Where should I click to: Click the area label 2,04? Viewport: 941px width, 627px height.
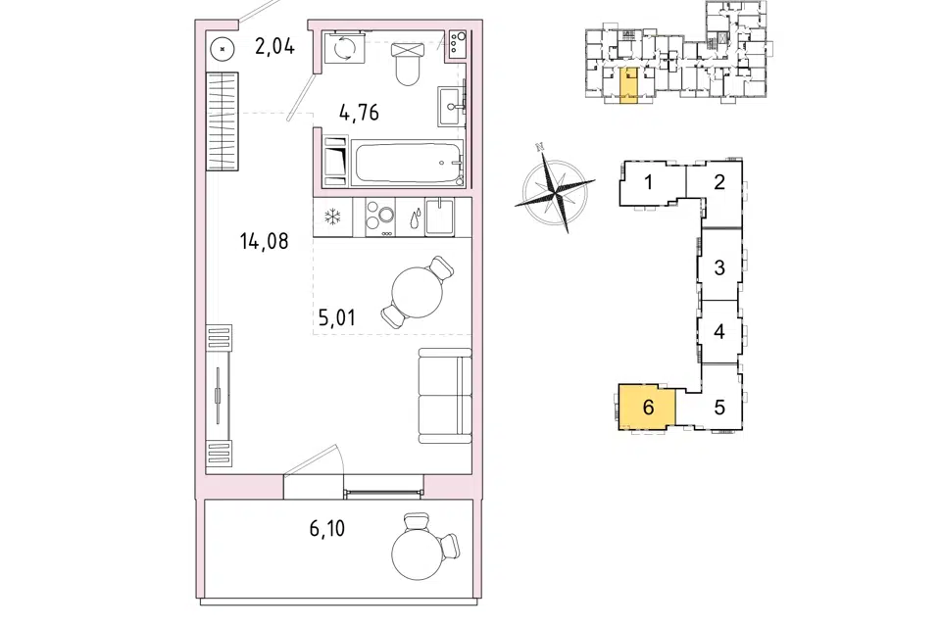click(x=274, y=46)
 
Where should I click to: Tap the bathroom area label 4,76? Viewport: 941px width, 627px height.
click(x=359, y=113)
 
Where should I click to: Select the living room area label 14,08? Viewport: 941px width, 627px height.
click(x=264, y=241)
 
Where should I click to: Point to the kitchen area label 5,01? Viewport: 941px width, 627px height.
click(x=336, y=316)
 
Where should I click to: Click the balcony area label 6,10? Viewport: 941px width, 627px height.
click(x=327, y=529)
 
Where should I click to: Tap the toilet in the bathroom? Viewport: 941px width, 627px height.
click(x=408, y=65)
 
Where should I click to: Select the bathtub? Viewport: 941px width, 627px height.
click(x=408, y=162)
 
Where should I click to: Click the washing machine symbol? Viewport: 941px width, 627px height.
click(x=344, y=48)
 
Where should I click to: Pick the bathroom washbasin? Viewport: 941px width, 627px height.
click(x=452, y=106)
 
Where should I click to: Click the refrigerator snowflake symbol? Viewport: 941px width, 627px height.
click(x=332, y=217)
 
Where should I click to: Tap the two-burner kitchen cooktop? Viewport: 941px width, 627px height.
click(x=379, y=217)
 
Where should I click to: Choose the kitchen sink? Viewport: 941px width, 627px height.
click(x=440, y=217)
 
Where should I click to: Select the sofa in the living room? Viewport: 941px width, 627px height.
click(x=445, y=396)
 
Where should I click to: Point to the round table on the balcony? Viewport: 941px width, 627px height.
click(x=417, y=555)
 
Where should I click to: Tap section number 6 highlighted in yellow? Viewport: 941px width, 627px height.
click(x=648, y=407)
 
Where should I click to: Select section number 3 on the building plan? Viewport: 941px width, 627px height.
click(x=719, y=267)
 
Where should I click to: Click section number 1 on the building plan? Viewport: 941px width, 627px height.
click(x=648, y=181)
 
